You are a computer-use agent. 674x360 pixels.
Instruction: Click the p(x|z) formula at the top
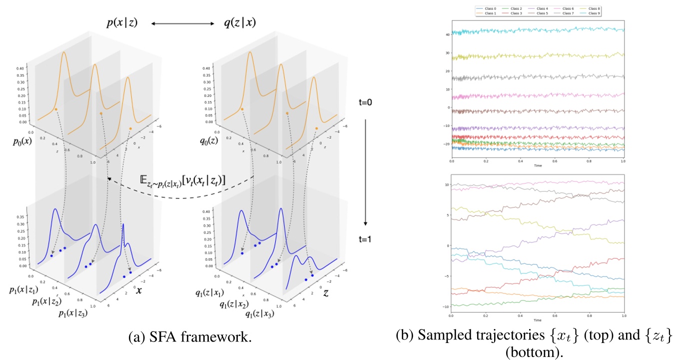point(119,22)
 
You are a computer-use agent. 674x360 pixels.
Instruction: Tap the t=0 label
point(365,103)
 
